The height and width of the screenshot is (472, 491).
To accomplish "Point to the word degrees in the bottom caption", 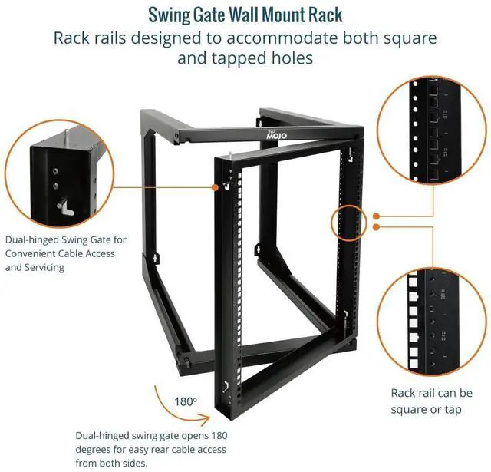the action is (93, 449).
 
